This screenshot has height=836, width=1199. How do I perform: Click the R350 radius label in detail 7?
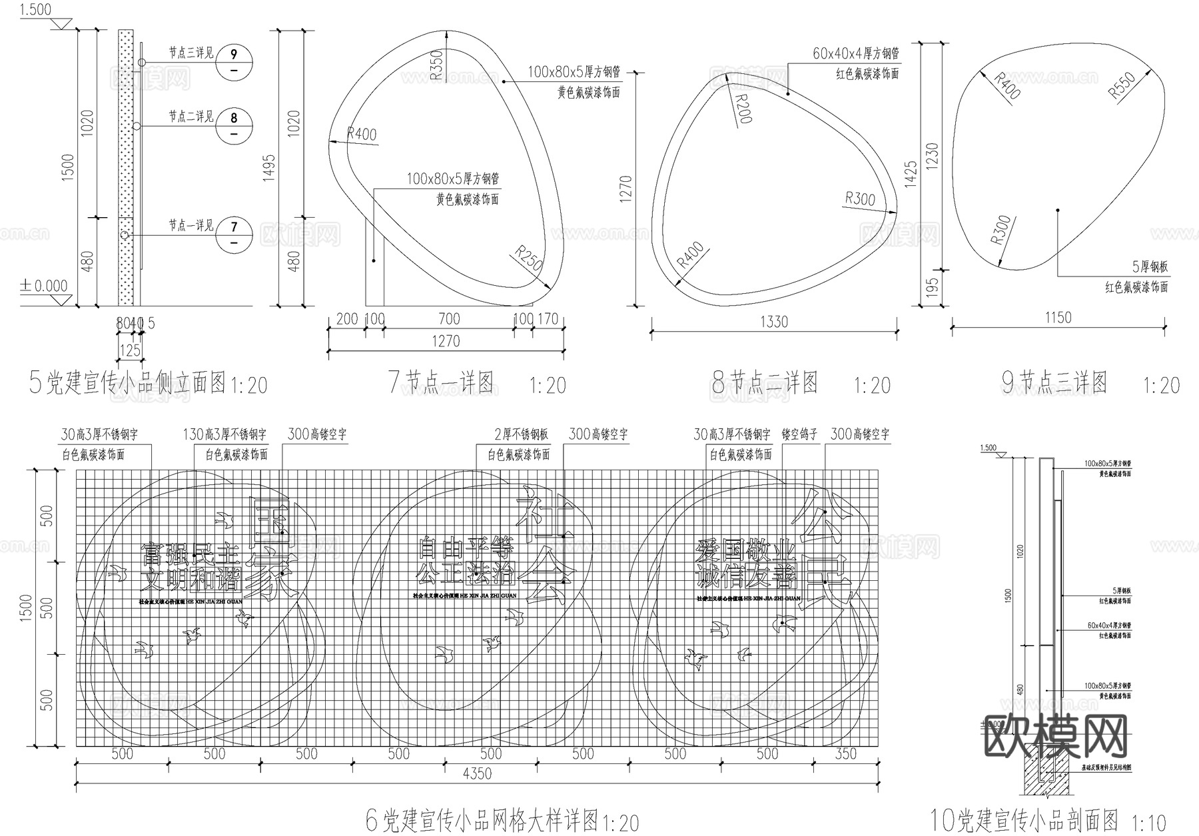point(436,65)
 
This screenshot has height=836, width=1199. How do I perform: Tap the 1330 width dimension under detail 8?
point(773,322)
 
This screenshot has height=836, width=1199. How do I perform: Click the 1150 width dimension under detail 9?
point(1058,317)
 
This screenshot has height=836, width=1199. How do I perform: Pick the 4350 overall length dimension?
point(477,773)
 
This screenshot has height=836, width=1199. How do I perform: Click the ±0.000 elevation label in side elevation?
point(44,286)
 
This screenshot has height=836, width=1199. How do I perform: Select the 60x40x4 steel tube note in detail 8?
point(855,53)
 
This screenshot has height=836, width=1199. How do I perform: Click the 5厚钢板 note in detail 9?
point(1150,267)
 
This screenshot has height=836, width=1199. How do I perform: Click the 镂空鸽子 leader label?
point(799,434)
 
